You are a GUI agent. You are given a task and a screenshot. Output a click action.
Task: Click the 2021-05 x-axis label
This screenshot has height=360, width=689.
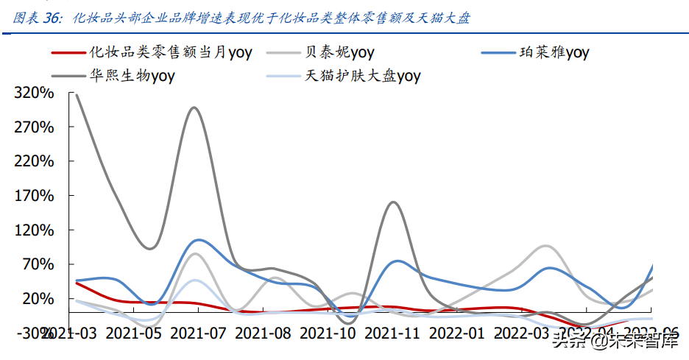pyautogui.click(x=133, y=333)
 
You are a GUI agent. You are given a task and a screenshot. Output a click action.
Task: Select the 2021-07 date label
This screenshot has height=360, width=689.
pyautogui.click(x=198, y=333)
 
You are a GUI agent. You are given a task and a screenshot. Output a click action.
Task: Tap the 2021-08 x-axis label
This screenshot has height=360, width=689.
pyautogui.click(x=263, y=333)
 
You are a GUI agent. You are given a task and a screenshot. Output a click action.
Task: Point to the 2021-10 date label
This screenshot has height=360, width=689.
pyautogui.click(x=328, y=333)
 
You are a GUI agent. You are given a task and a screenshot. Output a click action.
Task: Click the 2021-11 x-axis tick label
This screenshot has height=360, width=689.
pyautogui.click(x=392, y=333)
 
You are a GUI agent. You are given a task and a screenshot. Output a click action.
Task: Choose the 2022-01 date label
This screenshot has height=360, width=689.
pyautogui.click(x=457, y=333)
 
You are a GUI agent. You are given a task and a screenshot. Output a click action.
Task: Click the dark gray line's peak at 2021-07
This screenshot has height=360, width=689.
pyautogui.click(x=194, y=107)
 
